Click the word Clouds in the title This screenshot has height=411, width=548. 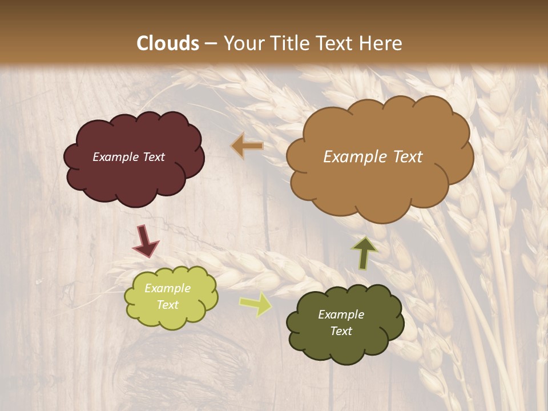(x=168, y=43)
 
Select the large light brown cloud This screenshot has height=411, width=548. (x=380, y=183)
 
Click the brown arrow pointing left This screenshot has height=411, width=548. (x=247, y=146)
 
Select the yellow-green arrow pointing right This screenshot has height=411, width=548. (x=256, y=303)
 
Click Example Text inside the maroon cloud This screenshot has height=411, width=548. (x=128, y=157)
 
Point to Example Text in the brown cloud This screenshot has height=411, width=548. (x=373, y=157)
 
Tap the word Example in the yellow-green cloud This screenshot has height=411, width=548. (x=167, y=288)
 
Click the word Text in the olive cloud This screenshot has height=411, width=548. (x=341, y=331)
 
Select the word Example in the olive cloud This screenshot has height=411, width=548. (x=341, y=315)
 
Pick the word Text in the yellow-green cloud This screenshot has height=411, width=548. (x=167, y=305)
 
